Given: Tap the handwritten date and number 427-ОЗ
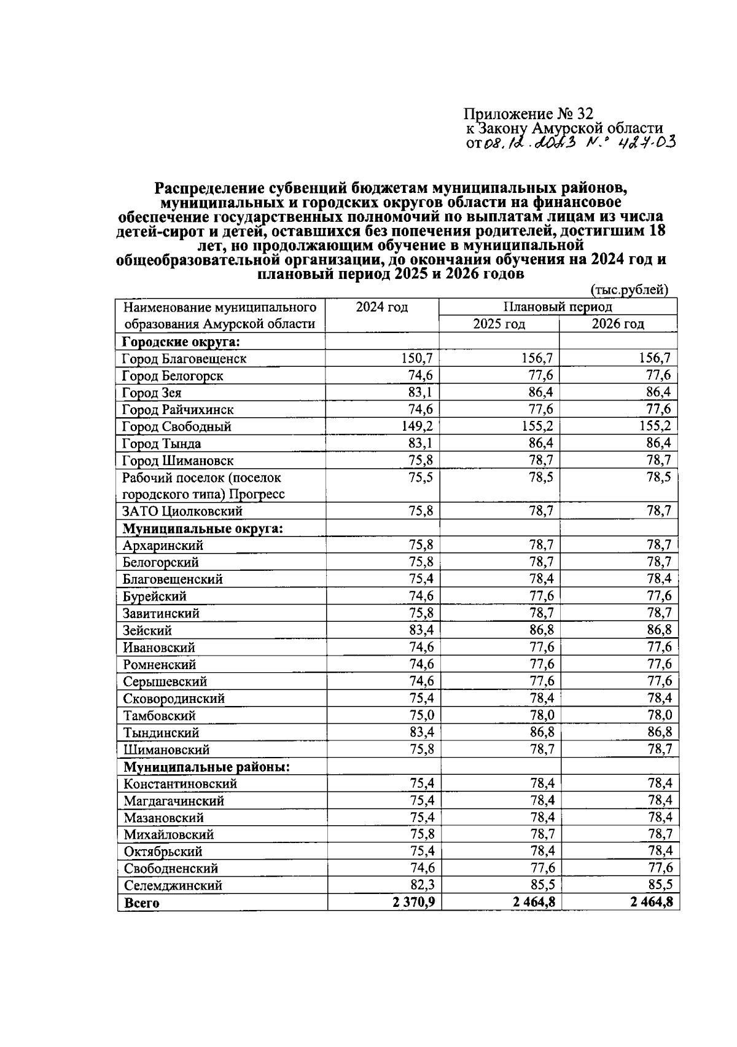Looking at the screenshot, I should tap(578, 144).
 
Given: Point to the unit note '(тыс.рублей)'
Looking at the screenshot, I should tap(628, 289).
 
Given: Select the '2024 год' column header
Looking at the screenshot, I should tap(382, 307).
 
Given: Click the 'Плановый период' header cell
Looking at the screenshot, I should tap(558, 307).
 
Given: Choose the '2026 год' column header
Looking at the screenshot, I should tap(617, 324).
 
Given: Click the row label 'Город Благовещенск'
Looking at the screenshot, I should tap(184, 359).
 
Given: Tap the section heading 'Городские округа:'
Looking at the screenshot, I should tap(181, 342).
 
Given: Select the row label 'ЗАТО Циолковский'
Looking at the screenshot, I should tap(182, 511).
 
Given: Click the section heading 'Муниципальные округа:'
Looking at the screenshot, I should tap(203, 528).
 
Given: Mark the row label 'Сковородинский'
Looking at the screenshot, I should tap(174, 699).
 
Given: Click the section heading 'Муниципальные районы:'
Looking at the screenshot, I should tap(207, 767).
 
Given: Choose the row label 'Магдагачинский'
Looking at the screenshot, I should tap(174, 801).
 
